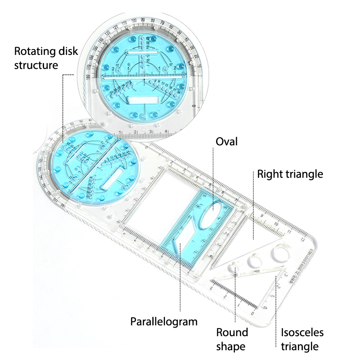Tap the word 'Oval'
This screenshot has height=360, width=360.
[x=226, y=142]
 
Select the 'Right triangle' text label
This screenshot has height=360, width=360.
[x=290, y=174]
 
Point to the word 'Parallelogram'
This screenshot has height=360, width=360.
[x=164, y=322]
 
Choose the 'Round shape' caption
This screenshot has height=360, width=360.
[x=232, y=339]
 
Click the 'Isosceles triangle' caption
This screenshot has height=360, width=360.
[x=302, y=339]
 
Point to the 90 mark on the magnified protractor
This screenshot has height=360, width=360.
[x=143, y=20]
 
